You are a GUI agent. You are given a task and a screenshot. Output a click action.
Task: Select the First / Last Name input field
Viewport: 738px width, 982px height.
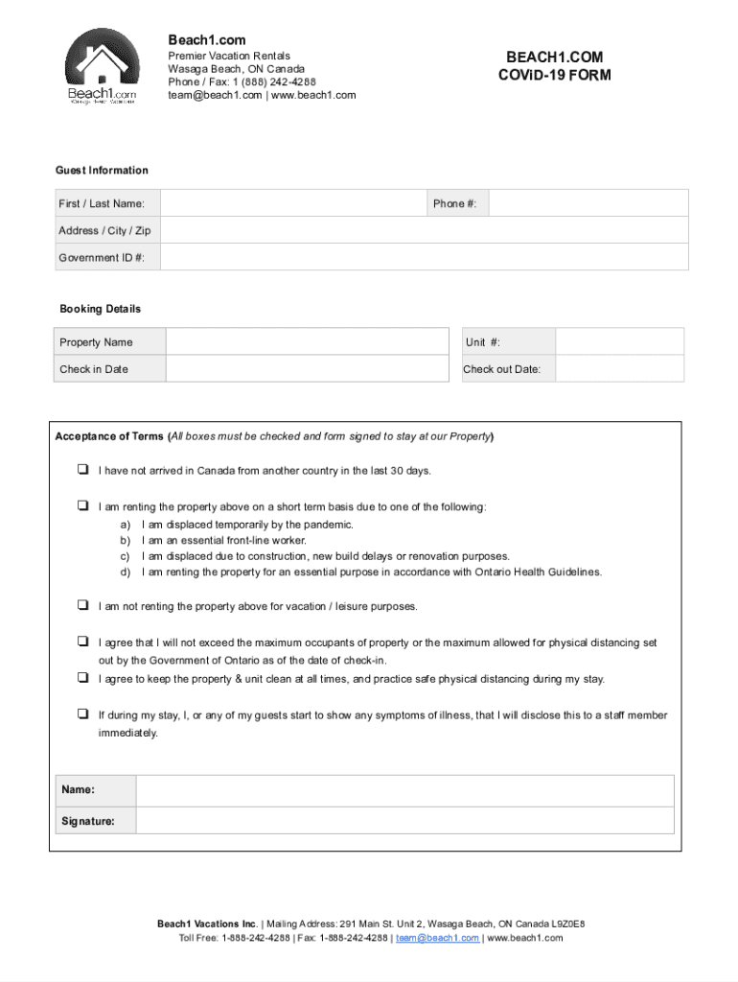[x=293, y=203]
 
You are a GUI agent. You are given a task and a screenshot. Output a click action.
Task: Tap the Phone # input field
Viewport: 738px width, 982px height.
[x=588, y=203]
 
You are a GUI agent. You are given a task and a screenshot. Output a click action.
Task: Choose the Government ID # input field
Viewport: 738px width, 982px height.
[x=424, y=257]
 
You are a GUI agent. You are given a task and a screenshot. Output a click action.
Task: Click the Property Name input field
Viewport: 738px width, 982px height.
[x=307, y=342]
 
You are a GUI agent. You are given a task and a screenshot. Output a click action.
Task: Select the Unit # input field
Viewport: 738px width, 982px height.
[x=619, y=342]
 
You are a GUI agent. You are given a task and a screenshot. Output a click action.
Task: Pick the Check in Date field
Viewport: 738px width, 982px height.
[x=307, y=369]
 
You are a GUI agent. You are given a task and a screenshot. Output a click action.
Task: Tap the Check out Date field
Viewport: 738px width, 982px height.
[x=619, y=369]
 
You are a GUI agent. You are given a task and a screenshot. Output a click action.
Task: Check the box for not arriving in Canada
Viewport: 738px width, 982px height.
[x=82, y=471]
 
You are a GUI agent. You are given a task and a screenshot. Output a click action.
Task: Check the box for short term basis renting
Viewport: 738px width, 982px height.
[x=82, y=506]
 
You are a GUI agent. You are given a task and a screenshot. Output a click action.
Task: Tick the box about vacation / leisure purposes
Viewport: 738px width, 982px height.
[x=82, y=606]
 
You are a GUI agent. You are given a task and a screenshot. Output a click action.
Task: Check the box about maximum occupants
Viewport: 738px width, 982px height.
[x=82, y=643]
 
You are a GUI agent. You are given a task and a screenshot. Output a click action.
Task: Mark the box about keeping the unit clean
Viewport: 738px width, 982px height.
[x=82, y=678]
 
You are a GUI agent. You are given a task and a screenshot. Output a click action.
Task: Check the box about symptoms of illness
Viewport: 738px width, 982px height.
[x=82, y=714]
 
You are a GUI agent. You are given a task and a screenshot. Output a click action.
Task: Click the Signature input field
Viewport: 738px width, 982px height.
[x=404, y=821]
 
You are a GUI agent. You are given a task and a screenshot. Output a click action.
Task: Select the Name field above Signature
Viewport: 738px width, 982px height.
[x=404, y=790]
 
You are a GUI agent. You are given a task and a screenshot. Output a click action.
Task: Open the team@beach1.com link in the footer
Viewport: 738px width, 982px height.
[x=437, y=938]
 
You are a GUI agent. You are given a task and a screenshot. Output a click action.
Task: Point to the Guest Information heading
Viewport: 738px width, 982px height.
[x=102, y=171]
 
